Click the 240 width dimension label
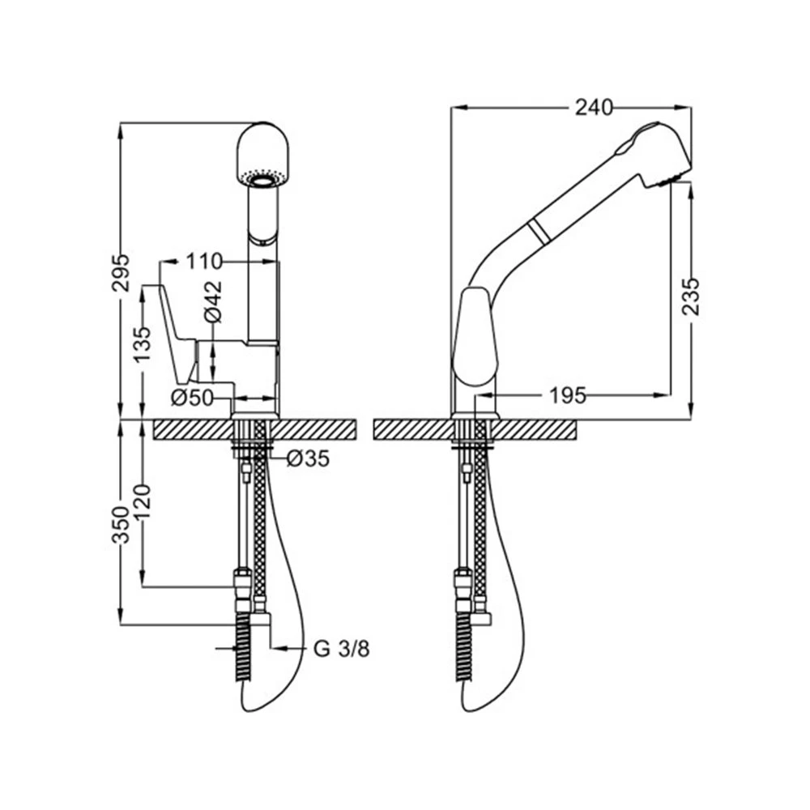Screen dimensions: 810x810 click(594, 108)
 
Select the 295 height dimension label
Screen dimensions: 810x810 click(122, 273)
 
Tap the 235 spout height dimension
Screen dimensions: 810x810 click(690, 296)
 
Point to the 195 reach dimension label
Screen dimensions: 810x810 click(567, 396)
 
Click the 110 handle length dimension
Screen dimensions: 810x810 click(204, 262)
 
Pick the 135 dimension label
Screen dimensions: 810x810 click(142, 344)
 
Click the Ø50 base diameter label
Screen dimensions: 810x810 click(192, 398)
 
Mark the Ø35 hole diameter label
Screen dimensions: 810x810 click(307, 458)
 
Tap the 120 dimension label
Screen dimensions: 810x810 click(142, 503)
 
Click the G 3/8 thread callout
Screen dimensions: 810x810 click(342, 649)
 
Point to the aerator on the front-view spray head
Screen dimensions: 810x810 click(263, 178)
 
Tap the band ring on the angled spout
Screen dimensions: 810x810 click(539, 232)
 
